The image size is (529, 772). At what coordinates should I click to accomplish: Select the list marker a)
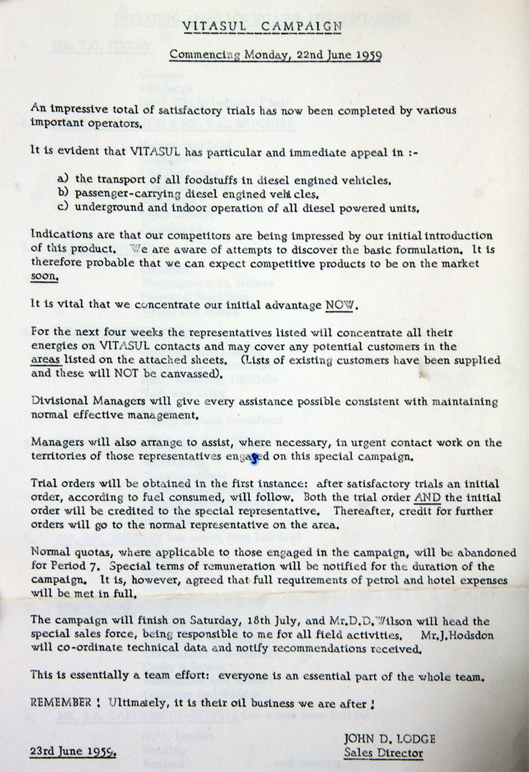(x=62, y=179)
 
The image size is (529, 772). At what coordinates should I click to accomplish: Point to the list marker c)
(x=62, y=207)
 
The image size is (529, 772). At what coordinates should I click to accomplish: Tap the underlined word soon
(x=44, y=276)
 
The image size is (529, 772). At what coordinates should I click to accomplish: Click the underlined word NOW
(x=337, y=304)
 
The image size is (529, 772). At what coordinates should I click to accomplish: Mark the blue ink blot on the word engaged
(x=255, y=457)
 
